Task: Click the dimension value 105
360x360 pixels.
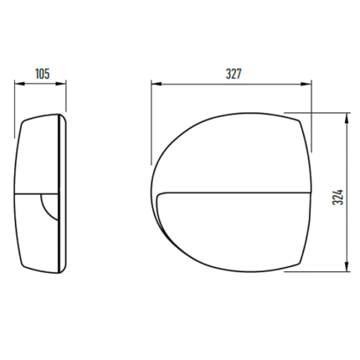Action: (x=43, y=74)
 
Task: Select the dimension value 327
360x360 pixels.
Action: (x=234, y=74)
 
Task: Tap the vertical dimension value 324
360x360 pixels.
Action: (x=338, y=198)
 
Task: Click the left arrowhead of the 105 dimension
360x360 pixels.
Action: (x=19, y=84)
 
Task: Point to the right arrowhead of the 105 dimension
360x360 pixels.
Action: (x=61, y=84)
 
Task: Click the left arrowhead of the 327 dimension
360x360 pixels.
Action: (x=157, y=84)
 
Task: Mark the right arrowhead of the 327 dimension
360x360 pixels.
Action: (x=306, y=84)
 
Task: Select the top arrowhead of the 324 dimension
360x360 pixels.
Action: (x=347, y=118)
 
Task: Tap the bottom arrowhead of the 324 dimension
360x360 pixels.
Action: (x=347, y=265)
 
